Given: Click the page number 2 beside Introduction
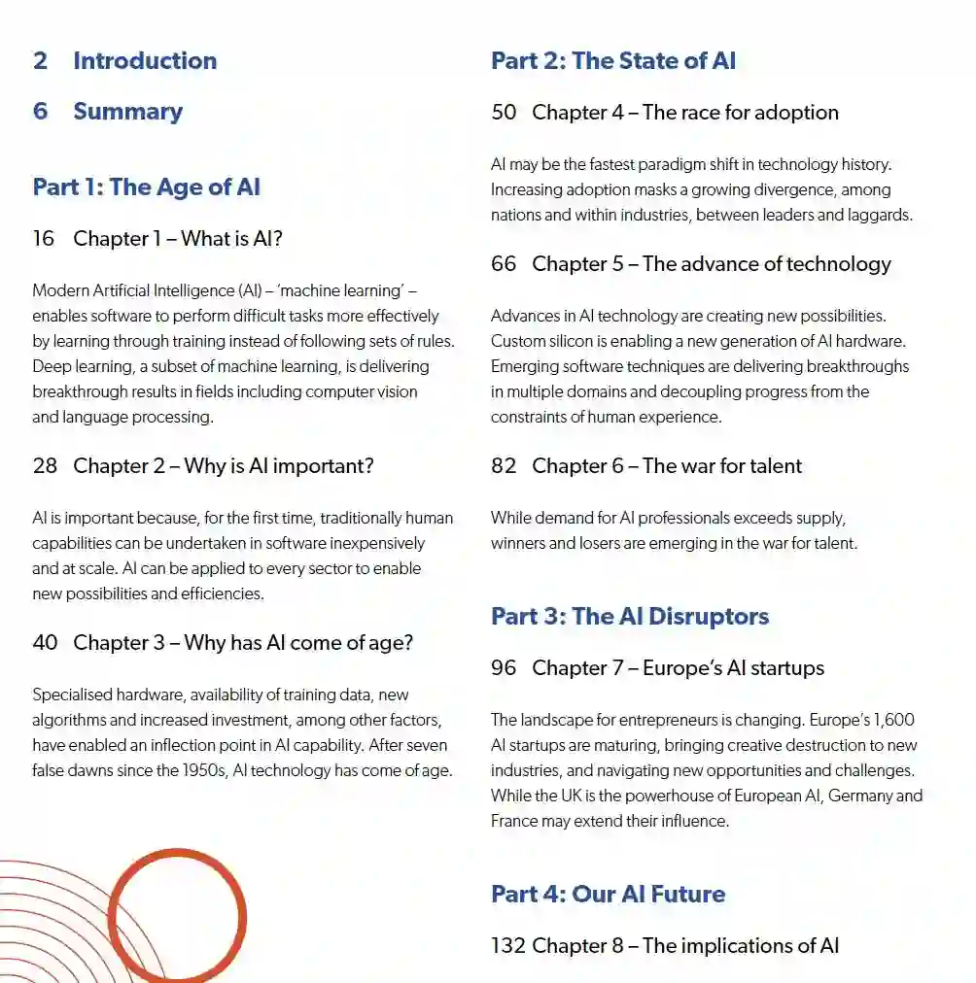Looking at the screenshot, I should click(x=40, y=60).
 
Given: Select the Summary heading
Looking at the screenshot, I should click(x=127, y=111).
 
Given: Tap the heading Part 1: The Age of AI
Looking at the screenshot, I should click(x=146, y=186).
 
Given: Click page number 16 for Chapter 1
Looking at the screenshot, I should click(x=44, y=238).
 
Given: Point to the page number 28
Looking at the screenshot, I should click(x=45, y=465).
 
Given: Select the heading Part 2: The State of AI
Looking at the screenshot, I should click(x=612, y=60).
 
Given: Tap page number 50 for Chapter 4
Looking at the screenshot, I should click(x=504, y=112).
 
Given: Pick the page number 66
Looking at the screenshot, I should click(x=504, y=263).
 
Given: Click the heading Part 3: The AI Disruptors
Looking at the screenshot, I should click(x=629, y=616).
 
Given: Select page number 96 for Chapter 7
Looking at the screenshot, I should click(x=504, y=667).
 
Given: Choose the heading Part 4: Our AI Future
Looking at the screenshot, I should click(x=608, y=894).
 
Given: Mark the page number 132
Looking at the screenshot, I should click(x=508, y=945).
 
